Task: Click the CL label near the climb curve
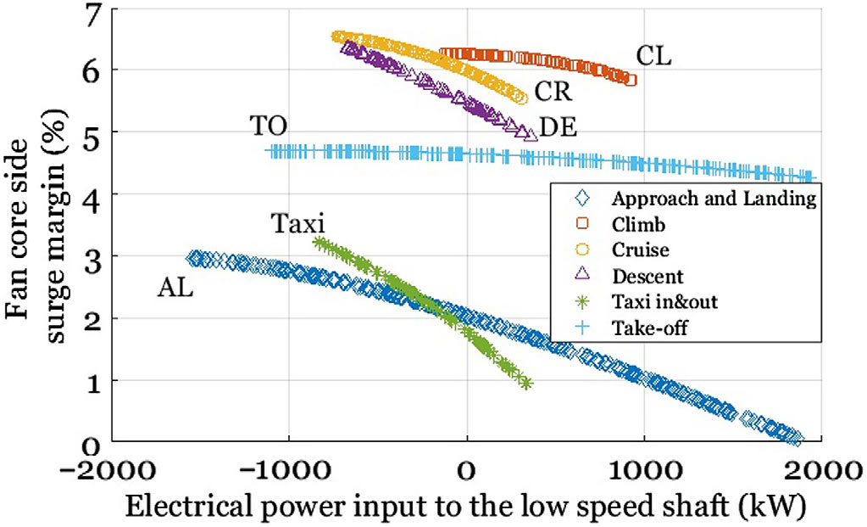tap(653, 57)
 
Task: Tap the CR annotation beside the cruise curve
tap(552, 91)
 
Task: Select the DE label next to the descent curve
tap(559, 128)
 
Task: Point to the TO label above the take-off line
tap(269, 126)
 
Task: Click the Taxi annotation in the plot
tap(298, 224)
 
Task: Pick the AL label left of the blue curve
tap(175, 289)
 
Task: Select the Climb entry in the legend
tap(634, 225)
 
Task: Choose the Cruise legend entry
tap(641, 250)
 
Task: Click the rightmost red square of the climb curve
tap(630, 79)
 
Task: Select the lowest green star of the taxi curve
tap(526, 384)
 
